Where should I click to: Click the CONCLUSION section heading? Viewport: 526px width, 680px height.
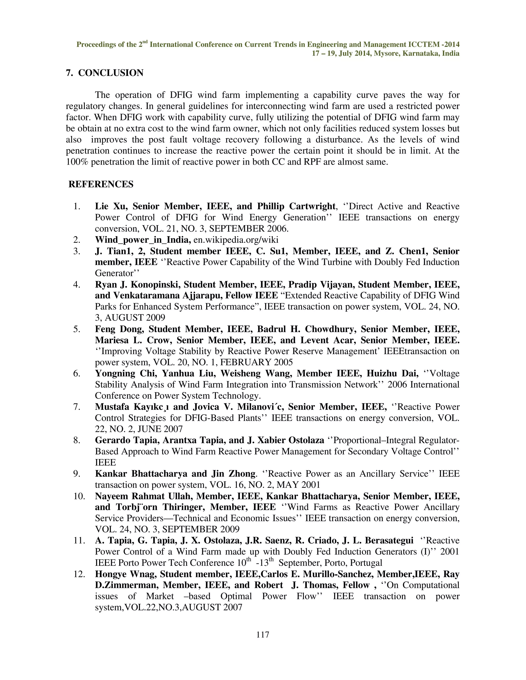coord(111,73)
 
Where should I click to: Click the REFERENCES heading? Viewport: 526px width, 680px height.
coord(101,184)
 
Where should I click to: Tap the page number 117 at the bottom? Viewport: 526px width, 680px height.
coord(263,634)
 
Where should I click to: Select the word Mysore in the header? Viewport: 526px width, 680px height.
coord(386,54)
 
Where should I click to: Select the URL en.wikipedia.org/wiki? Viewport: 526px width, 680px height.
coord(236,240)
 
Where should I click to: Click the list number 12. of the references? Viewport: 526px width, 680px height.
coord(79,574)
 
